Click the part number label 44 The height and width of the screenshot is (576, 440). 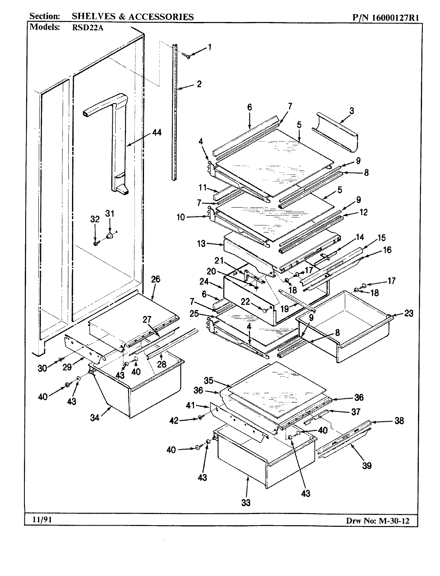point(157,133)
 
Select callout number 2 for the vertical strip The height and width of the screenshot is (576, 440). point(199,84)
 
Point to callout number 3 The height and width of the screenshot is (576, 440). point(351,111)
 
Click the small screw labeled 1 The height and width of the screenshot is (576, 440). point(186,56)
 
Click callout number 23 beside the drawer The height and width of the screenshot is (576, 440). point(408,314)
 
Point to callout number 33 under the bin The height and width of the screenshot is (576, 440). point(246,502)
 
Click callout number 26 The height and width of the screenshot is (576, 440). point(156,279)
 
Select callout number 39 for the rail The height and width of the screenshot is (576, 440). point(366,465)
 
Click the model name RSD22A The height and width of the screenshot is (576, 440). point(87,28)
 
